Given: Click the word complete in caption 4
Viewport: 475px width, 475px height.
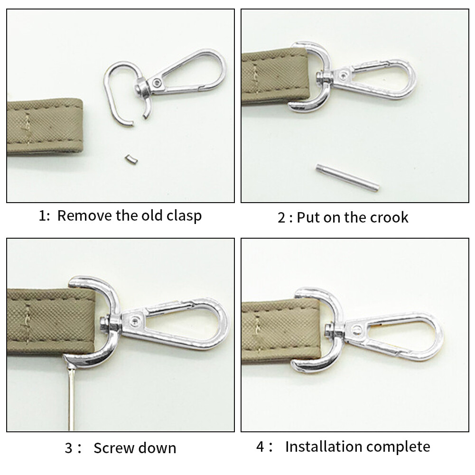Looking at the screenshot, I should pos(402,447).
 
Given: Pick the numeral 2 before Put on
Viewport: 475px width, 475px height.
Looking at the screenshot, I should pos(282,218).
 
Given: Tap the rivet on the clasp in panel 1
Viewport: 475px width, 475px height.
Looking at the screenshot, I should pos(157,84).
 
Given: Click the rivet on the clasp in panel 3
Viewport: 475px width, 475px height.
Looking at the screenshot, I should pos(137,321).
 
